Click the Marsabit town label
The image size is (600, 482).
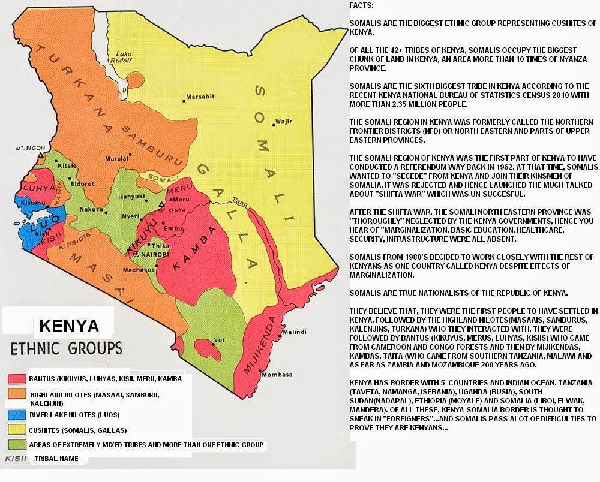click(198, 97)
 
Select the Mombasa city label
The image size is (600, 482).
click(277, 375)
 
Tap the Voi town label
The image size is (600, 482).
click(220, 340)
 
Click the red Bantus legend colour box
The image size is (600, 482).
click(16, 379)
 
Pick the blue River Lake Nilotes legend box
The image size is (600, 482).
click(16, 414)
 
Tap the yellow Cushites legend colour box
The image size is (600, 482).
click(16, 429)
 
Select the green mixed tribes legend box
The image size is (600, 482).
click(16, 445)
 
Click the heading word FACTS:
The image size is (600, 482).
click(362, 5)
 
